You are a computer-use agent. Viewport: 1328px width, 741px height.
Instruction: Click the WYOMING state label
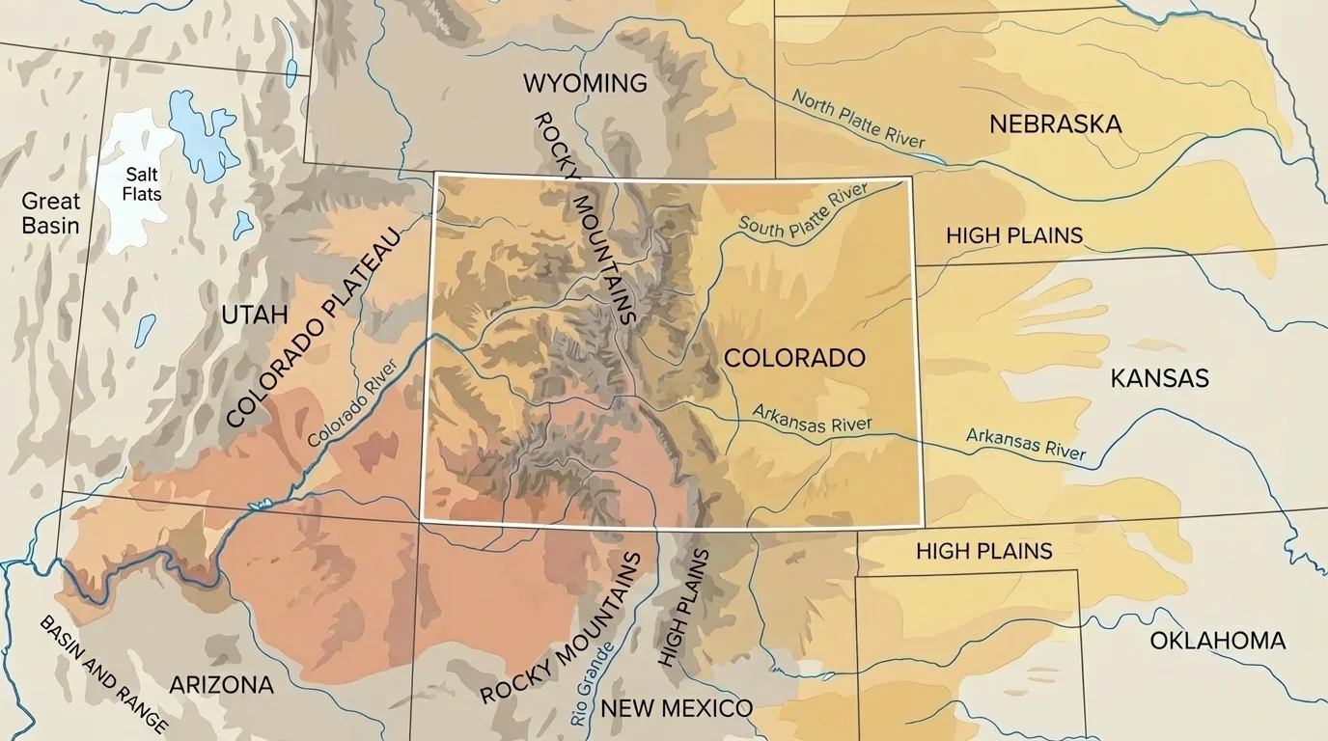pyautogui.click(x=585, y=84)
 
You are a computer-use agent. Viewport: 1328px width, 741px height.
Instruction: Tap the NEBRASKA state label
pyautogui.click(x=1055, y=124)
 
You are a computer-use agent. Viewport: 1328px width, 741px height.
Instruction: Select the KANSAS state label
pyautogui.click(x=1159, y=378)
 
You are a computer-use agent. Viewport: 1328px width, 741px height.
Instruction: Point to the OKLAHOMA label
pyautogui.click(x=1217, y=641)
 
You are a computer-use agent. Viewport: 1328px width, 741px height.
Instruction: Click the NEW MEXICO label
pyautogui.click(x=676, y=708)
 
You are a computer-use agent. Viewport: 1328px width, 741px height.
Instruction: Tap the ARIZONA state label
pyautogui.click(x=221, y=685)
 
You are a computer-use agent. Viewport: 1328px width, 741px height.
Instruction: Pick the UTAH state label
pyautogui.click(x=254, y=315)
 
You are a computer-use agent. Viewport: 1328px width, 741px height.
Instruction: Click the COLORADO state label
pyautogui.click(x=794, y=358)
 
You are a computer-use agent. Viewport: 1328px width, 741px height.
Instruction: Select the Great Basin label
pyautogui.click(x=51, y=213)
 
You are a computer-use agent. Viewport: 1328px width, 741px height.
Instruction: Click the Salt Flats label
pyautogui.click(x=142, y=184)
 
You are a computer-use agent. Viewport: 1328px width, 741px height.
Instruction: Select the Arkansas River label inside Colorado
pyautogui.click(x=812, y=421)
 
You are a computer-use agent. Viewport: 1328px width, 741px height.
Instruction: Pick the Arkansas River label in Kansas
pyautogui.click(x=1025, y=443)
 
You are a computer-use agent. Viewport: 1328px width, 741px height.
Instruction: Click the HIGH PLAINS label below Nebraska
pyautogui.click(x=1013, y=235)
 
